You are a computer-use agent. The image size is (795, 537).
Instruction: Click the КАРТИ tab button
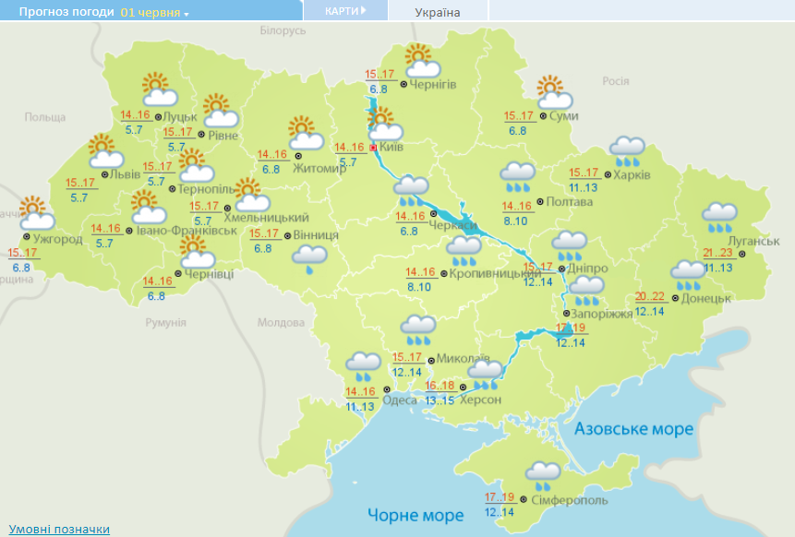pyautogui.click(x=344, y=10)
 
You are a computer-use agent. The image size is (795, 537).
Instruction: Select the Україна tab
pyautogui.click(x=437, y=12)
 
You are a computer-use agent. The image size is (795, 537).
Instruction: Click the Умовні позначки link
pyautogui.click(x=59, y=529)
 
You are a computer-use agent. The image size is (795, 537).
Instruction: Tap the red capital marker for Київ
pyautogui.click(x=373, y=147)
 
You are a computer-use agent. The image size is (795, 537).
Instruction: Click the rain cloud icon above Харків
pyautogui.click(x=628, y=150)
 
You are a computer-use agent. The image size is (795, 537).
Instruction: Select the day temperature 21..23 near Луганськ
pyautogui.click(x=717, y=253)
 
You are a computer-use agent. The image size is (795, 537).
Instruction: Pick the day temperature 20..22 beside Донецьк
pyautogui.click(x=651, y=296)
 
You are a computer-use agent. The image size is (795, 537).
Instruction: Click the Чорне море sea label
pyautogui.click(x=415, y=514)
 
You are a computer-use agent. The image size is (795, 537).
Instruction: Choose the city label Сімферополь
pyautogui.click(x=569, y=499)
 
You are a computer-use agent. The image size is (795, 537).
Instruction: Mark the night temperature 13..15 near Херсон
pyautogui.click(x=439, y=400)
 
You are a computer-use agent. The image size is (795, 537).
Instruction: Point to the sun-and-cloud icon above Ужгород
pyautogui.click(x=35, y=213)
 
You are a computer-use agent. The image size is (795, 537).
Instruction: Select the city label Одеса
pyautogui.click(x=399, y=400)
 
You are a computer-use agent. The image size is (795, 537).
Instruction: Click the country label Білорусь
pyautogui.click(x=283, y=30)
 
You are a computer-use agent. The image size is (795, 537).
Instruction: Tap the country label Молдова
pyautogui.click(x=280, y=323)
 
